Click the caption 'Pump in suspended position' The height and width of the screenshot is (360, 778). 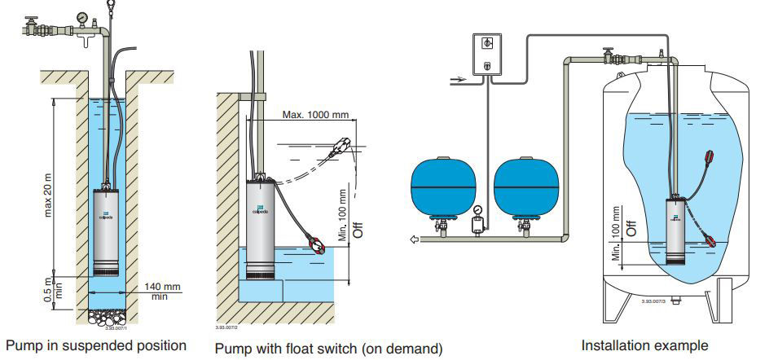point(95,345)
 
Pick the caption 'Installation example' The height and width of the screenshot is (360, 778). point(633,345)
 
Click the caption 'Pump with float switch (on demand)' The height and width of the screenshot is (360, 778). point(328,349)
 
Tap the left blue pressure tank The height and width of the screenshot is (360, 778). point(443,186)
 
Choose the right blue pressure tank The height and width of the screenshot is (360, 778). point(526,186)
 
